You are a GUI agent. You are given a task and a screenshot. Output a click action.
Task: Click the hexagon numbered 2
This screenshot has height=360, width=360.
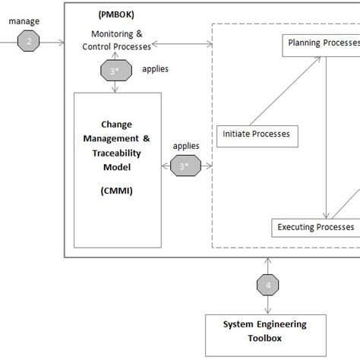pyautogui.click(x=30, y=42)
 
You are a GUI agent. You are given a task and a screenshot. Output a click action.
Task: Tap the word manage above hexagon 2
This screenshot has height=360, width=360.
pyautogui.click(x=25, y=23)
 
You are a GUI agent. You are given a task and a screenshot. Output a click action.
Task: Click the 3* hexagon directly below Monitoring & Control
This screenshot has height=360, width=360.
pyautogui.click(x=114, y=70)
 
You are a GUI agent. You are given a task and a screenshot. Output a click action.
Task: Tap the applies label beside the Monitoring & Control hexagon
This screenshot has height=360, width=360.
pyautogui.click(x=156, y=69)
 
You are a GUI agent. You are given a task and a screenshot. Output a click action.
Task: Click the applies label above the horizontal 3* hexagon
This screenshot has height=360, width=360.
pyautogui.click(x=186, y=145)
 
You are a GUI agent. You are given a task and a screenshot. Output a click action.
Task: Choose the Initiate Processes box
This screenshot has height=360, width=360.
pyautogui.click(x=257, y=135)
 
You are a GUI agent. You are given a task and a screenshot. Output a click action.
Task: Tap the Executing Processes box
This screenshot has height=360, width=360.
pyautogui.click(x=315, y=227)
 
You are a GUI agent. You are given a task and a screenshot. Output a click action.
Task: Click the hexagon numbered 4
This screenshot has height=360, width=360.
pyautogui.click(x=267, y=286)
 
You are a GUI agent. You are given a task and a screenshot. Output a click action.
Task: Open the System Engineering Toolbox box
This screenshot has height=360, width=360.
pyautogui.click(x=265, y=330)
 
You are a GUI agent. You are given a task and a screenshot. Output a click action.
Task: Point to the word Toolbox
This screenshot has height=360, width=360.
pyautogui.click(x=265, y=338)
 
